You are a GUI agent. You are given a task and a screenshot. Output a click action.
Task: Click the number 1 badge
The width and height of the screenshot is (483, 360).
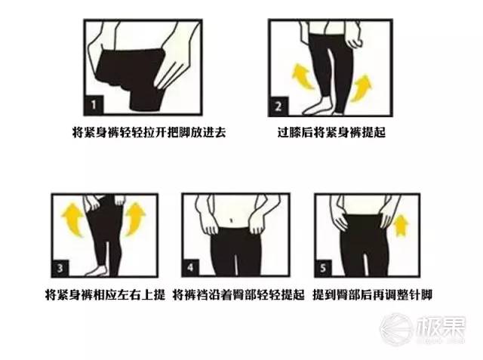point(94,106)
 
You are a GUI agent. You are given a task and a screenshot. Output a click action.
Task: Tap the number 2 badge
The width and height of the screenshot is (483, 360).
point(278,106)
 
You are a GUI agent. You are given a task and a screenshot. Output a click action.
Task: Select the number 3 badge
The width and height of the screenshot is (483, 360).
point(60,268)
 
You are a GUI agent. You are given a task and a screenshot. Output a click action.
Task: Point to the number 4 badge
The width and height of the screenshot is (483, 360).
point(191,267)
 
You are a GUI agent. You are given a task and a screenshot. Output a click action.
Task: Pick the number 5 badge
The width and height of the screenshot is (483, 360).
point(323,268)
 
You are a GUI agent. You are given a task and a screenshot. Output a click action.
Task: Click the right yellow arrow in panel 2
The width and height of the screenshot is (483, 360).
point(361,88)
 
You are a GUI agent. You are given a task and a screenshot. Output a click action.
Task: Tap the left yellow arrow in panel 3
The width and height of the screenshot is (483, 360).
point(73,220)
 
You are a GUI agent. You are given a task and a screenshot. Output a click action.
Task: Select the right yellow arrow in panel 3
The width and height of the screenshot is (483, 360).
point(135,219)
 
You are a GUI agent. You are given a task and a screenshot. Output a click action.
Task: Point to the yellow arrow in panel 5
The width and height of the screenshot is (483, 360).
point(401,226)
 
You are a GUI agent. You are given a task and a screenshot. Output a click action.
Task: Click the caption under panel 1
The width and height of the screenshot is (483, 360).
point(149,132)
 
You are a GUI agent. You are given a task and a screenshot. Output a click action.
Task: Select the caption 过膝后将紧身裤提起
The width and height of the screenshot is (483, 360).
point(331,132)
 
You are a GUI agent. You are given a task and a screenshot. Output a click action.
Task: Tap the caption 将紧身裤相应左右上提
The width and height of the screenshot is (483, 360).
point(105,294)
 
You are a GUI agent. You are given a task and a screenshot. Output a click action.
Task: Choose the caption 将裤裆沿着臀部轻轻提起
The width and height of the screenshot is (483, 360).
point(238,294)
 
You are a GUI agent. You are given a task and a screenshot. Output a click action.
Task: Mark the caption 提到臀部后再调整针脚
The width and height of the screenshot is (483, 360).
point(372,294)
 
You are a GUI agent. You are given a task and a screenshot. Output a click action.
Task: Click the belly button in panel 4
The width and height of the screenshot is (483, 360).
point(232,220)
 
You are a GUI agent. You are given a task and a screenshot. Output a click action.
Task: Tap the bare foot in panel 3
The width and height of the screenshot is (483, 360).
point(97,270)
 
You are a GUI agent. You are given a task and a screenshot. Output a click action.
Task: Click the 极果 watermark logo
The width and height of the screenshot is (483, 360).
point(423,328)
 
